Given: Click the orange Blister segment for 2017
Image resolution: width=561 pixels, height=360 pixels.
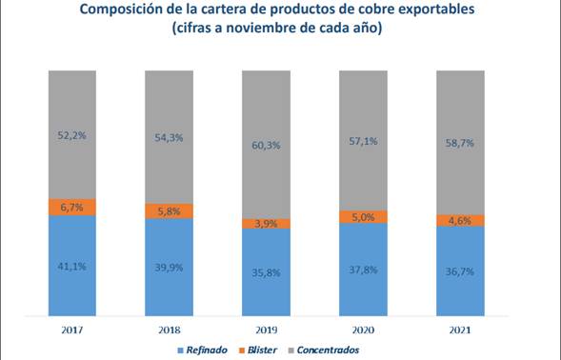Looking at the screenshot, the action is pos(72,208).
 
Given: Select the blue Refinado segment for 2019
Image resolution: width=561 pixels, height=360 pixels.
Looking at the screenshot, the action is pos(266,272).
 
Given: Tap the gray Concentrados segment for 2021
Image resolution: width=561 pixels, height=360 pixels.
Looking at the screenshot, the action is pos(460,143).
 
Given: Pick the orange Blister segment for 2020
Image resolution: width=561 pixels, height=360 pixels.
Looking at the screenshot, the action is pos(363,217).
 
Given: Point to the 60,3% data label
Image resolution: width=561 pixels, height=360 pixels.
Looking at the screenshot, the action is pos(266,146).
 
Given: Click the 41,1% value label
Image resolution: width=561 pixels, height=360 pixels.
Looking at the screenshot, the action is pos(72,267).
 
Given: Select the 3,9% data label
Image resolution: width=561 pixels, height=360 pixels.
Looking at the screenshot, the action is pos(266,224).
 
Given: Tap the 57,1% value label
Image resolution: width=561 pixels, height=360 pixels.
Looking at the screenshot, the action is pos(363,141).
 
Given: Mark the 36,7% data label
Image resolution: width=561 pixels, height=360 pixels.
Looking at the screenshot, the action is pos(460,271).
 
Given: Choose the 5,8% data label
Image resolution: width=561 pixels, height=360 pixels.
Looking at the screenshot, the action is pos(169,211).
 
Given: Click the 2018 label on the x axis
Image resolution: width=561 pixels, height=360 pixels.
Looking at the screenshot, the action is pos(170,330).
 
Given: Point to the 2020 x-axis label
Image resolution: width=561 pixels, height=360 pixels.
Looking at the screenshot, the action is pos(363,330).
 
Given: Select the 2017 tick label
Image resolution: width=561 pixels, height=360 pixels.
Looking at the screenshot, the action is pos(72,330).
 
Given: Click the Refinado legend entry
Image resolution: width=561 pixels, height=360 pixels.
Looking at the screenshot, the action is pos(203,350).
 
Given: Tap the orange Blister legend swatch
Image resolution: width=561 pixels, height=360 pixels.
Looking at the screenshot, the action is pos(242,350).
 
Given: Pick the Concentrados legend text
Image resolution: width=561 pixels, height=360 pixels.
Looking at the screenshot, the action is pos(328,350).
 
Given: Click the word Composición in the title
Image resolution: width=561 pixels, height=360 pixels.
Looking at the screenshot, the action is pos(120,10).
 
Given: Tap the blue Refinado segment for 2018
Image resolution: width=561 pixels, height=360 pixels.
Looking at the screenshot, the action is pos(169,267).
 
